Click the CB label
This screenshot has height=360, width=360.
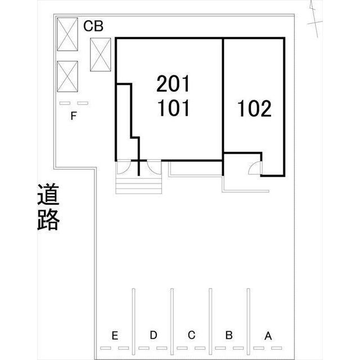[93, 26]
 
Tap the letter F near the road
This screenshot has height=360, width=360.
[73, 117]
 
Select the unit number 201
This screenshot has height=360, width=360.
[174, 84]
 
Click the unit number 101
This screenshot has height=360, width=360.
[174, 107]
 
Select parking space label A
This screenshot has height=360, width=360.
[268, 336]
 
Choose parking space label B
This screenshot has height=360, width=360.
[229, 335]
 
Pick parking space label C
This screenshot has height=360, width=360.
[191, 335]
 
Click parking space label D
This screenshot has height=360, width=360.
[153, 335]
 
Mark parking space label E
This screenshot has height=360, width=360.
[115, 336]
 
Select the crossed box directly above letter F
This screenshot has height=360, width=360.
[67, 78]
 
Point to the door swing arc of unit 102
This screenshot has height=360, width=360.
[254, 168]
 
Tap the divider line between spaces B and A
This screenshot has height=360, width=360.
[248, 321]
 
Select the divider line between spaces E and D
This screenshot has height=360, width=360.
[134, 321]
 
